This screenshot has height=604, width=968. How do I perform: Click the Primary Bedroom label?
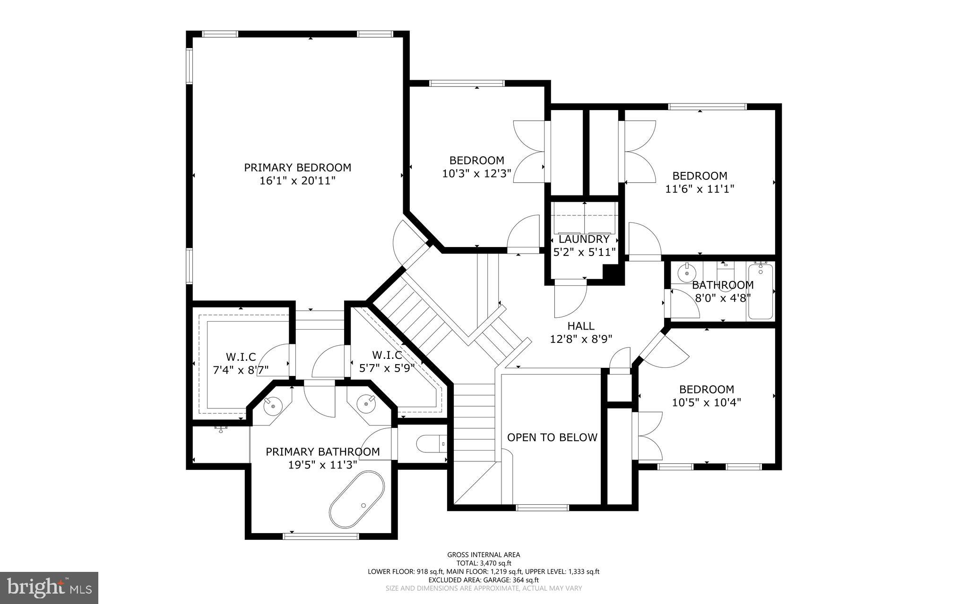(297, 168)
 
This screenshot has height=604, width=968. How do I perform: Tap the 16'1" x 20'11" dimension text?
(297, 180)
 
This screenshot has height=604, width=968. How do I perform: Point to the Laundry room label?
(584, 239)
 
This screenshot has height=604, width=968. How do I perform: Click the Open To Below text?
(552, 437)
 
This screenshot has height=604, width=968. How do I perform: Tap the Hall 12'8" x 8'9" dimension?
(581, 339)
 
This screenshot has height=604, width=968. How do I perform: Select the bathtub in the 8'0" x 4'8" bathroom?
(760, 292)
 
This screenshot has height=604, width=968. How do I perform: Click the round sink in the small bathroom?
(686, 272)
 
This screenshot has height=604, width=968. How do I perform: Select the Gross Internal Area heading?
(484, 555)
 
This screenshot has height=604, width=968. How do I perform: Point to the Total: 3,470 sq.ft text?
(484, 563)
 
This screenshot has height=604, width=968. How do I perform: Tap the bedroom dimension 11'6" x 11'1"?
(700, 189)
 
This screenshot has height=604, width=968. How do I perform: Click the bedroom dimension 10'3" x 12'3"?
(476, 173)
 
